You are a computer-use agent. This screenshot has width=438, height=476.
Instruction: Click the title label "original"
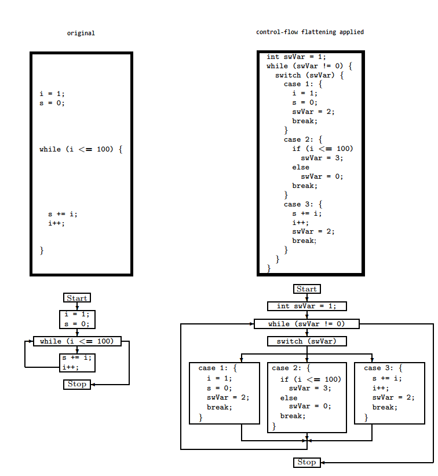coord(81,34)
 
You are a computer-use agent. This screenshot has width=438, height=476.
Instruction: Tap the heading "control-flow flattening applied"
coord(310,32)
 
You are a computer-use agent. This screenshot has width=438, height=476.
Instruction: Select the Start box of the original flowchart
coord(77,298)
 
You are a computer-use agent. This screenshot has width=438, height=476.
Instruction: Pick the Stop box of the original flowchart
coord(77,384)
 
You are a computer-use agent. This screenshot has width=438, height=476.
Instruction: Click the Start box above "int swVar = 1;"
coord(306,289)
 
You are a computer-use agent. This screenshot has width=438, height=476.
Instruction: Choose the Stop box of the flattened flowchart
coord(306,462)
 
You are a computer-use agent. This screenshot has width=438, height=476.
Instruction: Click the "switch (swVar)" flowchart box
coord(306,341)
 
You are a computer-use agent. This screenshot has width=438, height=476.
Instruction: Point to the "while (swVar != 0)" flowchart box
coord(306,324)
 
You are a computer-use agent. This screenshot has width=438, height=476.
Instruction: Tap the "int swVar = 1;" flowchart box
coord(306,306)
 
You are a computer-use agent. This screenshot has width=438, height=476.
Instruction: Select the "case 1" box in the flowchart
coord(224,393)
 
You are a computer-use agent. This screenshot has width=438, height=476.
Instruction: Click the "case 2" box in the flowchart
coord(306,397)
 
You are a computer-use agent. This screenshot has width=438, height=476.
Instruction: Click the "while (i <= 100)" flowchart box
coord(77,341)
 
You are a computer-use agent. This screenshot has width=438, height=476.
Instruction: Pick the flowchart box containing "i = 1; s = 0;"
coord(77,319)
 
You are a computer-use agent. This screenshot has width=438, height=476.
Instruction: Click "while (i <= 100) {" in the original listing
coord(81,149)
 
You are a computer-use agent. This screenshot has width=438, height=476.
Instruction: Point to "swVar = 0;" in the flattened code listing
coord(322,176)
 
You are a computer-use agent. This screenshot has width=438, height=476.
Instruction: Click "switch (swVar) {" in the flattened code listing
coord(309,75)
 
